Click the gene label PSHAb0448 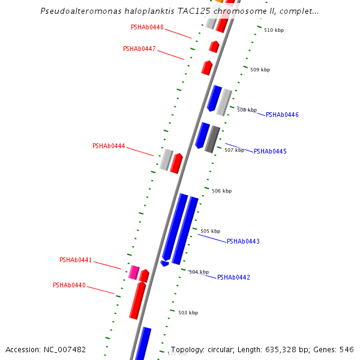click(x=147, y=27)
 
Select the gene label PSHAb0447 click(x=139, y=49)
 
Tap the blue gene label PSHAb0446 click(x=282, y=115)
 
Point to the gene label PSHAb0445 click(x=270, y=151)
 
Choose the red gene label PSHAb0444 click(x=109, y=146)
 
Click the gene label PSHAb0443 click(x=243, y=241)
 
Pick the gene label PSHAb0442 click(x=233, y=277)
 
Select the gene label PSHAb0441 click(x=76, y=260)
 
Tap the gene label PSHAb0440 click(x=69, y=285)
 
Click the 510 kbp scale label click(x=274, y=30)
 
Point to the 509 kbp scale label click(x=260, y=70)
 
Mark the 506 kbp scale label click(x=221, y=191)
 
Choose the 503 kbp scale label click(x=188, y=313)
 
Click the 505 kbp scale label click(x=210, y=231)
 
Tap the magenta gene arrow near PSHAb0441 click(x=134, y=272)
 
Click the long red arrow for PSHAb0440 click(x=137, y=300)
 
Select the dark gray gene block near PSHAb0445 click(x=212, y=139)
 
